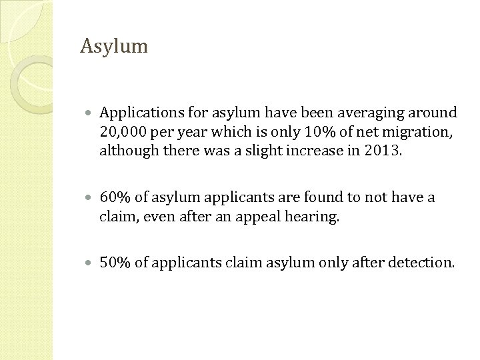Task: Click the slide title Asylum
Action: pyautogui.click(x=113, y=47)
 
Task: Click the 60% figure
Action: pyautogui.click(x=115, y=198)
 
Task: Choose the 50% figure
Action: pyautogui.click(x=115, y=263)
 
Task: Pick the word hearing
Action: pyautogui.click(x=315, y=217)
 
